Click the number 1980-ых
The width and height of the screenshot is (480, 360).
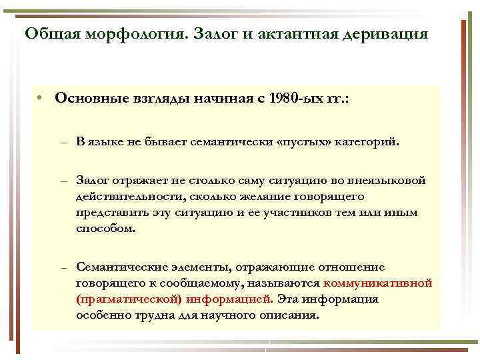(x=296, y=99)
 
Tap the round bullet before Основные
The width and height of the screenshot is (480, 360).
(x=41, y=99)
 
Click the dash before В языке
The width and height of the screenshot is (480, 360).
(x=63, y=143)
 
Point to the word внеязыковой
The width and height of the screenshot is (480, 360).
(x=387, y=181)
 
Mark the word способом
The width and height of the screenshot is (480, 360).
(x=105, y=229)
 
